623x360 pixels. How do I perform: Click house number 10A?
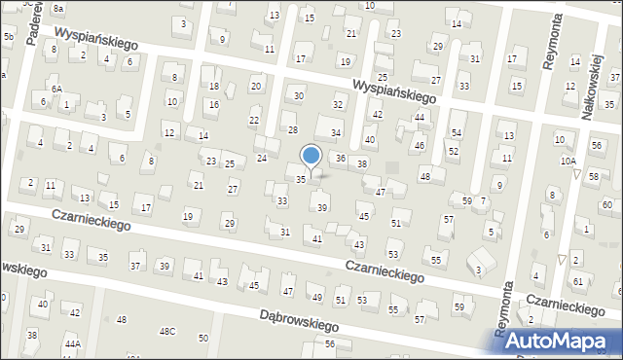(x=568, y=161)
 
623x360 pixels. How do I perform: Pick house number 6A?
(x=56, y=89)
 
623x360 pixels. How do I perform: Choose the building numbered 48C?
(x=168, y=332)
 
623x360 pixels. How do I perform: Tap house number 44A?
(x=73, y=344)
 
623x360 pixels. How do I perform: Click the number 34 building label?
(x=336, y=133)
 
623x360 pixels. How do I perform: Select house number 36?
(x=341, y=158)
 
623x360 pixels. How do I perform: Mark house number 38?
(x=362, y=164)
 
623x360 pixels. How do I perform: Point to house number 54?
(x=457, y=132)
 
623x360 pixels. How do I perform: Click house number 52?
(x=454, y=152)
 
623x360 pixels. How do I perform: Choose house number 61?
(x=578, y=281)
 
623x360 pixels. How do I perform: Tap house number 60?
(x=606, y=204)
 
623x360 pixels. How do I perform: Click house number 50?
(x=202, y=339)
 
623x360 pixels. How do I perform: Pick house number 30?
(x=299, y=95)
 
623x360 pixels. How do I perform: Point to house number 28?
(x=292, y=129)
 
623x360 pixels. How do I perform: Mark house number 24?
(x=261, y=158)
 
